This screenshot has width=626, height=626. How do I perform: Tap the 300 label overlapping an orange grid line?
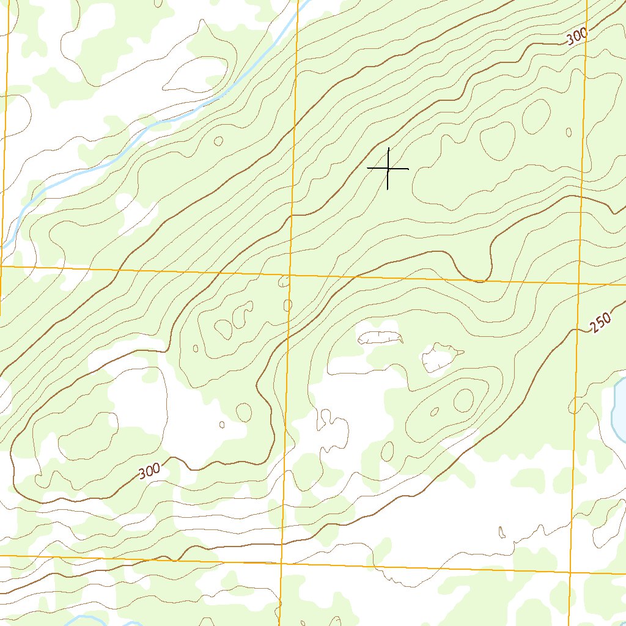[x=577, y=37]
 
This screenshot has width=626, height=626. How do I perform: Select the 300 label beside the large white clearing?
[x=149, y=471]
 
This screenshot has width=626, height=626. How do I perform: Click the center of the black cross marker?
[x=388, y=168]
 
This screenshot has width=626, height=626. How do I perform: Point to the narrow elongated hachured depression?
[x=380, y=337]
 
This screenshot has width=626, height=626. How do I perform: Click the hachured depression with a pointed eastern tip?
[x=441, y=358]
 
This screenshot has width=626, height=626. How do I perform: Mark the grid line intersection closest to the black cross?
[x=289, y=274]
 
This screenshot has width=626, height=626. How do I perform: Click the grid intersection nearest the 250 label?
[x=579, y=284]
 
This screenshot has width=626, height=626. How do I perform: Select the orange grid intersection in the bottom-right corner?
[x=570, y=573]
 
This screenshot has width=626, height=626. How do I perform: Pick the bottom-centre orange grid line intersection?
[x=282, y=561]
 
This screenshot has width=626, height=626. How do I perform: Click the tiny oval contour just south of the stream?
[x=218, y=141]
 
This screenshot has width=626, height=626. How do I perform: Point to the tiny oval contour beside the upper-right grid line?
[x=569, y=132]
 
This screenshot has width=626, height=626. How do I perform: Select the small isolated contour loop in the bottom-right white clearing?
[x=502, y=532]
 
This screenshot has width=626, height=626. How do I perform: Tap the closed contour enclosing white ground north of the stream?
[x=194, y=76]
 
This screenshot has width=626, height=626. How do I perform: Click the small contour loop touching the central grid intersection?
[x=284, y=281]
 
